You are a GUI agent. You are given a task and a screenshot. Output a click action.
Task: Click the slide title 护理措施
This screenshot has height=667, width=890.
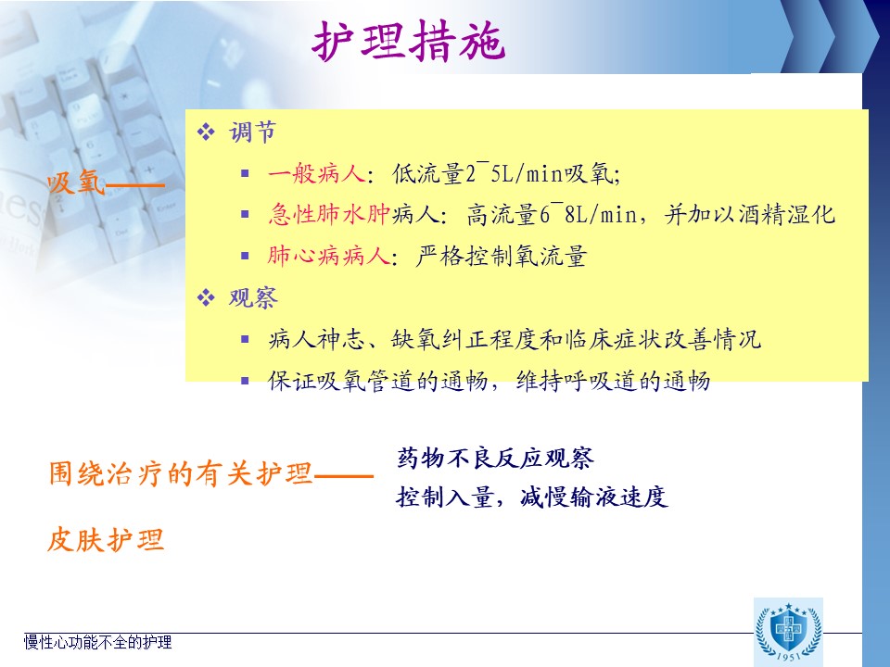tap(409, 41)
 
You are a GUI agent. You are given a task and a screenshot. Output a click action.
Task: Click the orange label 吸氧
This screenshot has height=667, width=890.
tap(76, 182)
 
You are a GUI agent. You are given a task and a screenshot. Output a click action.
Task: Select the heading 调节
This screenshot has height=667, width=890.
tap(252, 132)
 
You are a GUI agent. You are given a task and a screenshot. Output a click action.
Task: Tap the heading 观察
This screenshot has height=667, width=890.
tap(253, 297)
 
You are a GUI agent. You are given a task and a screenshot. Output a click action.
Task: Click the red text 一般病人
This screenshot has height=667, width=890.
tap(317, 173)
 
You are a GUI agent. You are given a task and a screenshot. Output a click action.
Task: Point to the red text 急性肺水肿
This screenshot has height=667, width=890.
tap(330, 214)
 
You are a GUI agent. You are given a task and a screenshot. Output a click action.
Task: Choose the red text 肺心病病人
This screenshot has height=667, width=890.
tap(328, 256)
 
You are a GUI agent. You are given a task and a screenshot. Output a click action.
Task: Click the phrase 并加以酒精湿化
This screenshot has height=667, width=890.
tap(750, 214)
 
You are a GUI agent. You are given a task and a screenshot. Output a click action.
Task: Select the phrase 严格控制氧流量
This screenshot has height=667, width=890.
tap(502, 256)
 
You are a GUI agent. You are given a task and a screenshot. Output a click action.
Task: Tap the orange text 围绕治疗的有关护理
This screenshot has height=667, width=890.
tap(181, 473)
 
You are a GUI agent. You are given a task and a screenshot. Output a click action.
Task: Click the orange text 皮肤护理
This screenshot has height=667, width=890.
tap(106, 539)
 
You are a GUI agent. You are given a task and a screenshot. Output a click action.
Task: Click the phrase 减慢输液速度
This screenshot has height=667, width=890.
tap(593, 497)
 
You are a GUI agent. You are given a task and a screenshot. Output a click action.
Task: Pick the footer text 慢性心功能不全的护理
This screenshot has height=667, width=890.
tap(97, 642)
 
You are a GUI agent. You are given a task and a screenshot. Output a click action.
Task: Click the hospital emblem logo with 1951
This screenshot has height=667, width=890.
tap(788, 632)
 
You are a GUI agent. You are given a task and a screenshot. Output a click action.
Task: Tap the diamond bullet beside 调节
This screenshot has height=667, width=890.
tap(206, 132)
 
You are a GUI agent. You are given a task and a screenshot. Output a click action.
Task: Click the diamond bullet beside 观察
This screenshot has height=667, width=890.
tap(206, 297)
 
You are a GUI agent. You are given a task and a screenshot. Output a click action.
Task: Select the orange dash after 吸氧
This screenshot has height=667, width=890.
tap(135, 184)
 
